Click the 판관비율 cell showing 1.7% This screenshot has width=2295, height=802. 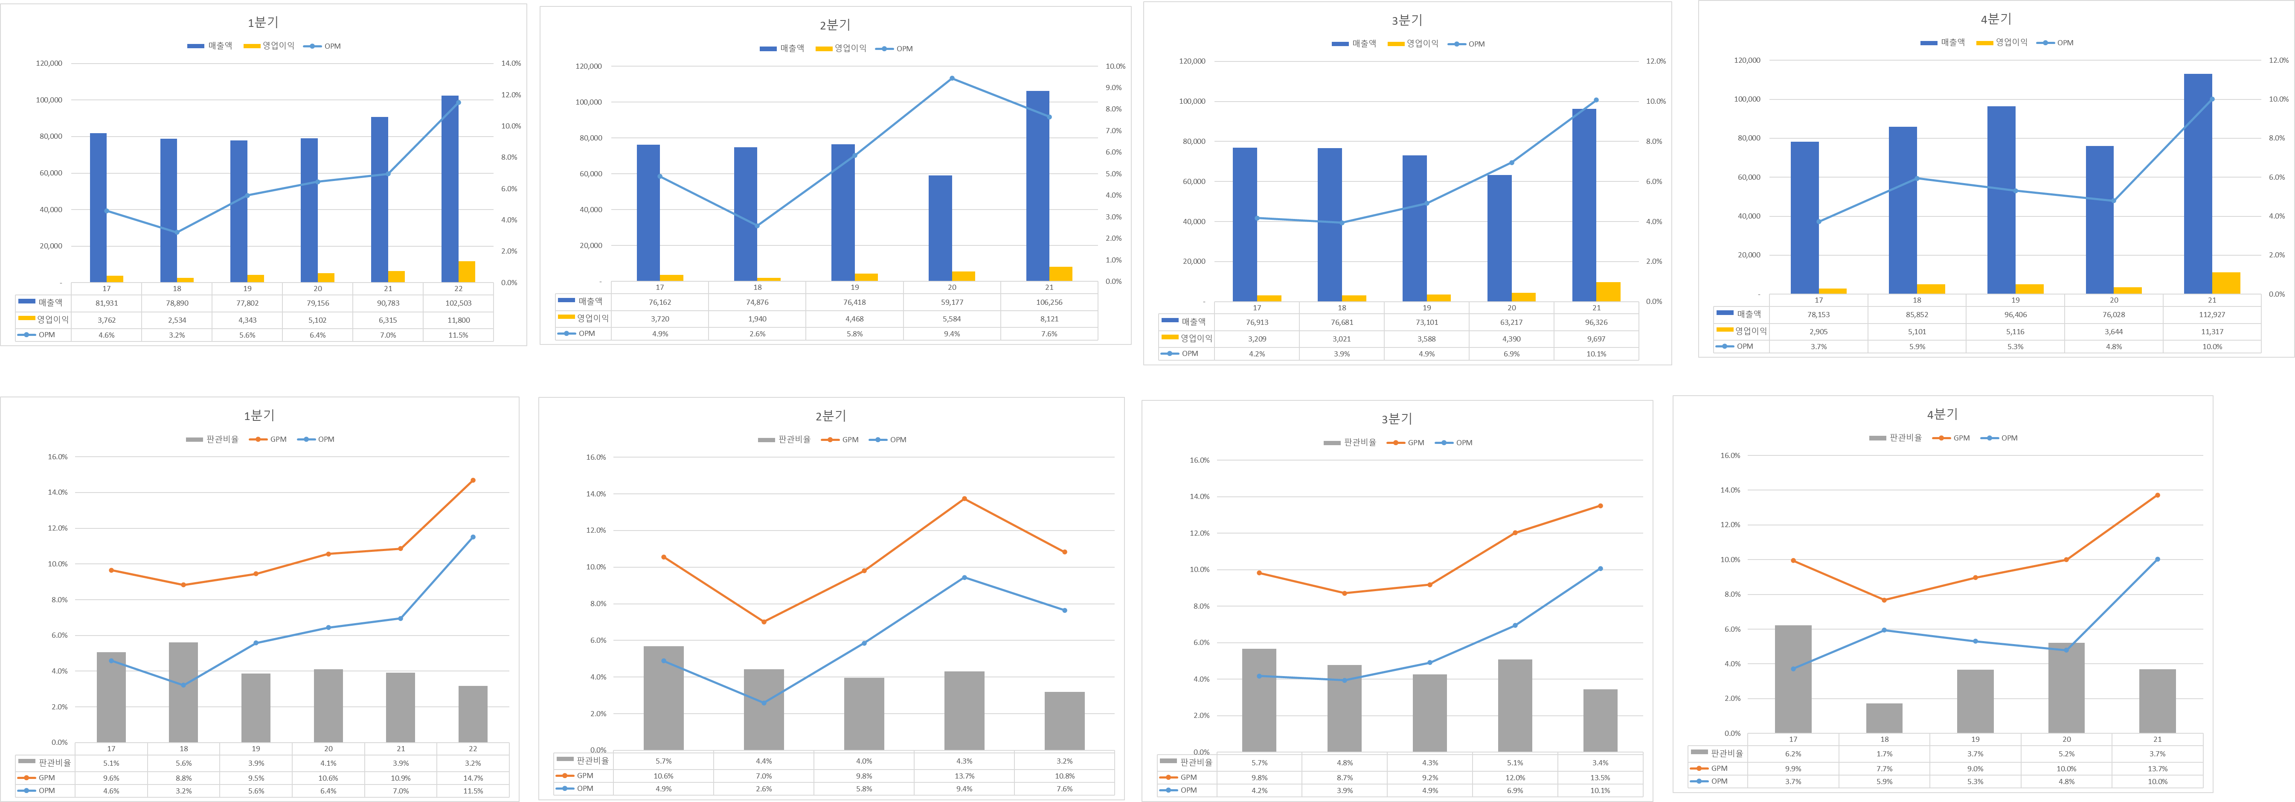click(x=1884, y=754)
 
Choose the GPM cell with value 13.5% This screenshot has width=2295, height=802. click(x=1600, y=777)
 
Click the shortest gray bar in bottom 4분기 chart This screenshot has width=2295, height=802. click(x=1884, y=718)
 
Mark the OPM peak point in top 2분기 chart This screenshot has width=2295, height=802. click(x=952, y=79)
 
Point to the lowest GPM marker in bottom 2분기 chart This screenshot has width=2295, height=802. click(x=764, y=622)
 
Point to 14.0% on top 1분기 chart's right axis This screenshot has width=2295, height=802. click(x=511, y=63)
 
